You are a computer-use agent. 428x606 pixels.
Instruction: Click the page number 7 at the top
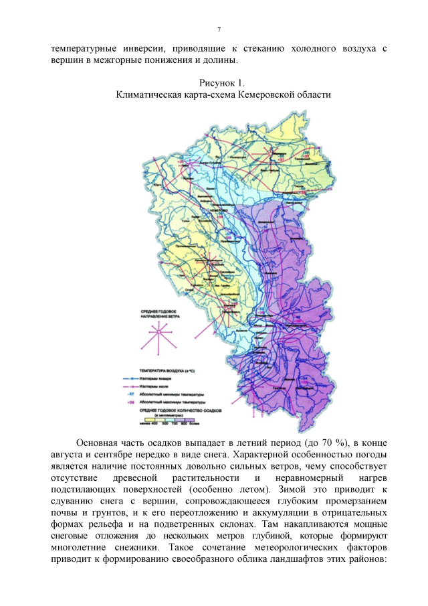(219, 29)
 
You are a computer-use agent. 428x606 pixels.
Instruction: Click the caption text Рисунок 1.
(223, 83)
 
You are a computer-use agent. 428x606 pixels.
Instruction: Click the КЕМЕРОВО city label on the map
(214, 210)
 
